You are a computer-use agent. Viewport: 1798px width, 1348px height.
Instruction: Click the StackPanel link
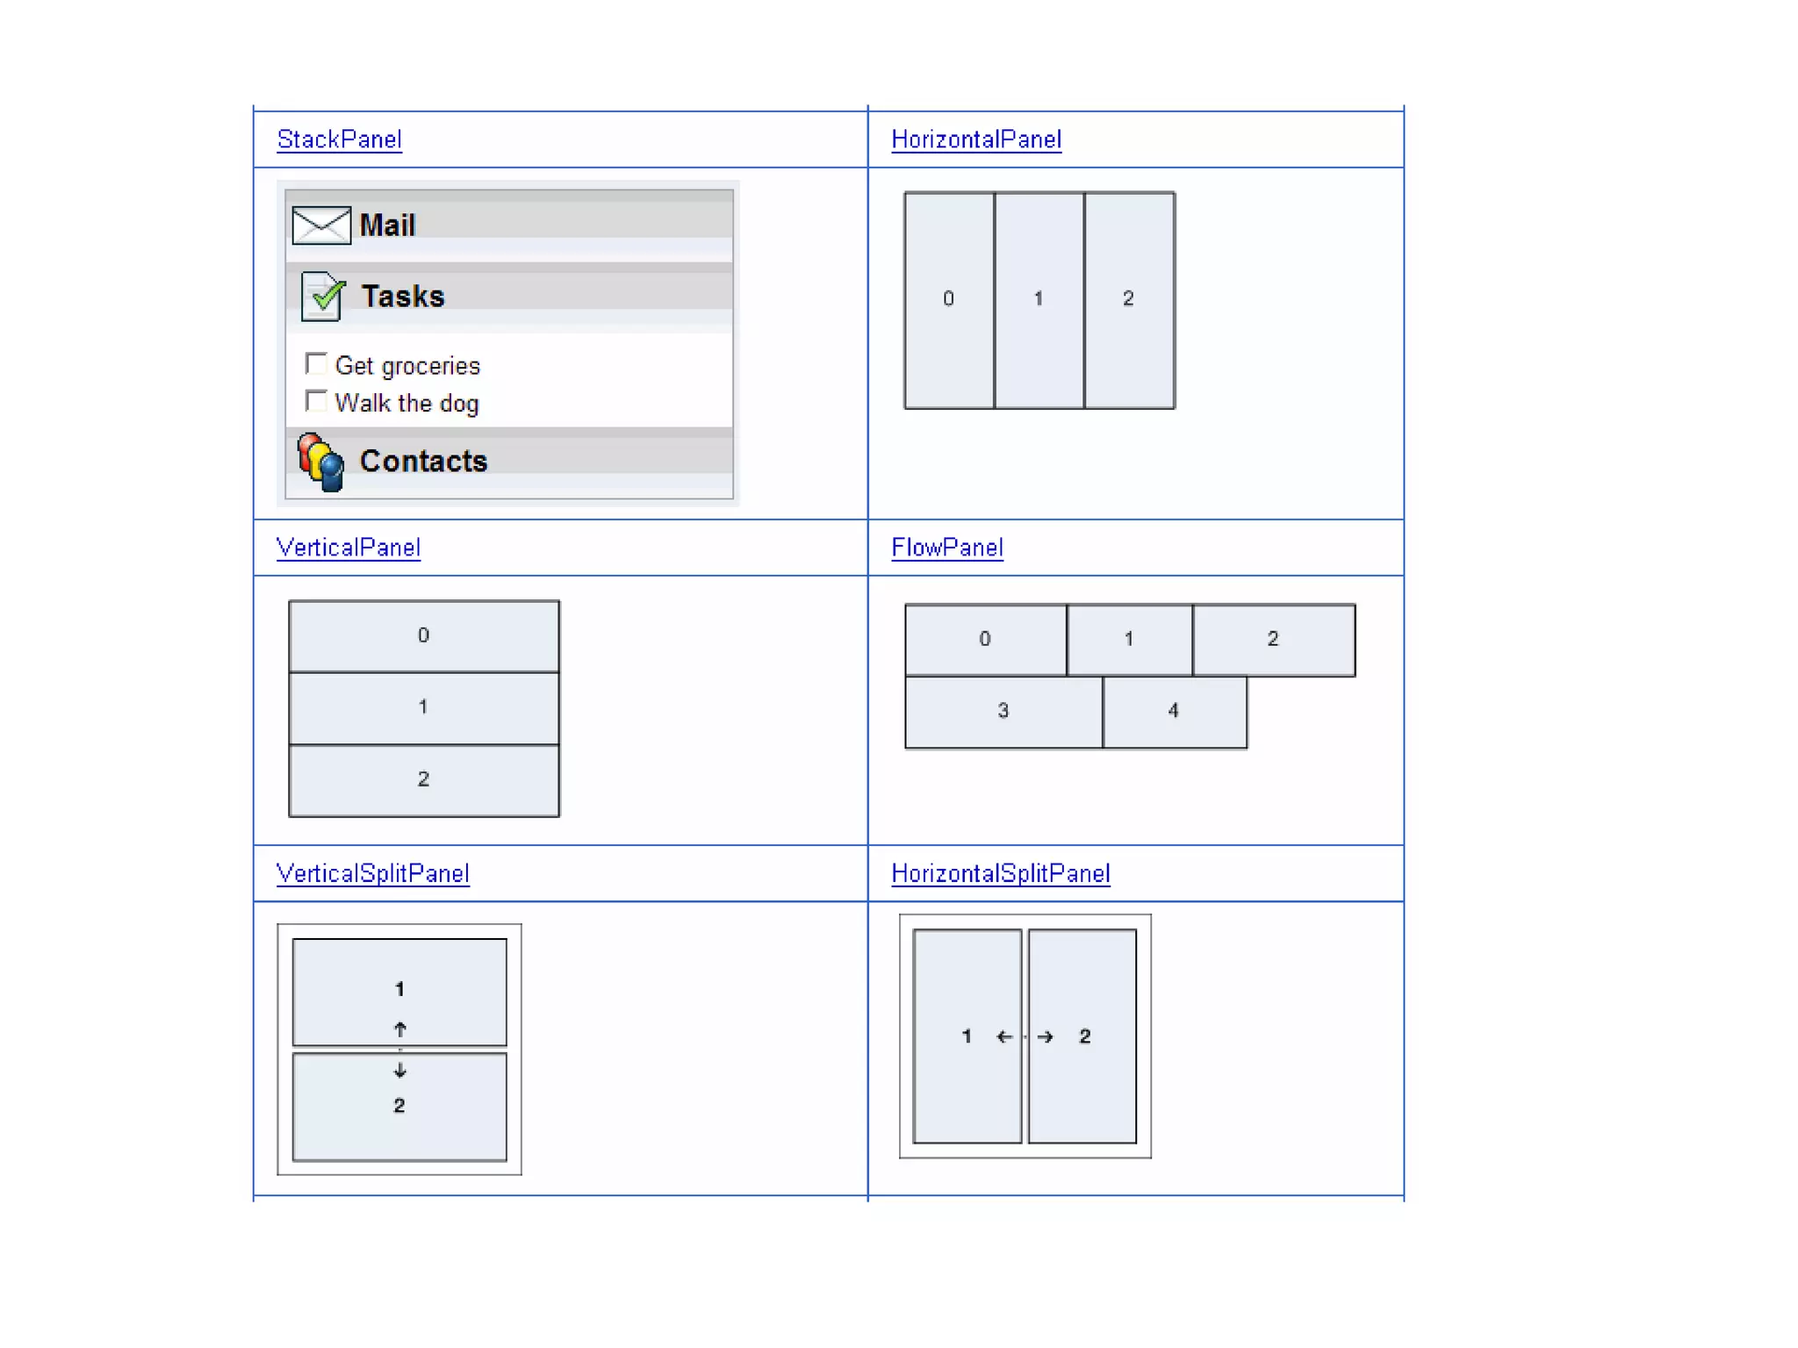click(x=339, y=140)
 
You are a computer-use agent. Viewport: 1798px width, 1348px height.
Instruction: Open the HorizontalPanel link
click(x=975, y=140)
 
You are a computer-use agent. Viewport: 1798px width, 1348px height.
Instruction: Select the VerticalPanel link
click(x=348, y=548)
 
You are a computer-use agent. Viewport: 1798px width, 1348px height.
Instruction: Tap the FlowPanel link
click(x=946, y=548)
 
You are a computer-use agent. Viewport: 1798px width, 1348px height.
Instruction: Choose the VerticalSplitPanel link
click(x=372, y=873)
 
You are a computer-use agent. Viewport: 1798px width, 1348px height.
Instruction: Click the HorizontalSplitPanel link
click(x=1000, y=873)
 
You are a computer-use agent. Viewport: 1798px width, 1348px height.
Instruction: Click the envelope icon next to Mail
click(x=321, y=225)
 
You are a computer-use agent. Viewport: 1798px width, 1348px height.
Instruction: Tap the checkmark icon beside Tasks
click(x=322, y=296)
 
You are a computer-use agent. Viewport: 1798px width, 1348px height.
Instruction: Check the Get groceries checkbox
click(x=316, y=363)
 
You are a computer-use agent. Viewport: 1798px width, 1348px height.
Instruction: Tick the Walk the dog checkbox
click(x=316, y=401)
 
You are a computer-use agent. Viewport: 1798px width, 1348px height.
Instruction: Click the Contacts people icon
click(x=320, y=462)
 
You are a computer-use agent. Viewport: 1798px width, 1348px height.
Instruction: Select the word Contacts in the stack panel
click(x=423, y=462)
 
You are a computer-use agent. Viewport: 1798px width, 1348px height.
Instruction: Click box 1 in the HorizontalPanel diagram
click(x=1039, y=299)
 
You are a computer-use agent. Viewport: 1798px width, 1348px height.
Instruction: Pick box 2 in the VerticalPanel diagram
click(x=423, y=779)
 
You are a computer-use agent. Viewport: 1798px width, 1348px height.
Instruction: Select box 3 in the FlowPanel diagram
click(x=1003, y=711)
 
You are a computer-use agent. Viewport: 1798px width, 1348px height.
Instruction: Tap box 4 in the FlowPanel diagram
click(x=1174, y=711)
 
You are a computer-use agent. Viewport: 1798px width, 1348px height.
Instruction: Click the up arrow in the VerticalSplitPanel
click(x=400, y=1029)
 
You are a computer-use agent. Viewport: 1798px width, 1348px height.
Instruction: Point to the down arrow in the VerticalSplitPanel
click(x=400, y=1070)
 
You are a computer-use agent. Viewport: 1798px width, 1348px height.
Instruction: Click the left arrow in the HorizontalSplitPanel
click(x=1004, y=1036)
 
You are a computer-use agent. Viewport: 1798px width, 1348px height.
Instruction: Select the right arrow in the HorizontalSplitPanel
click(x=1045, y=1036)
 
